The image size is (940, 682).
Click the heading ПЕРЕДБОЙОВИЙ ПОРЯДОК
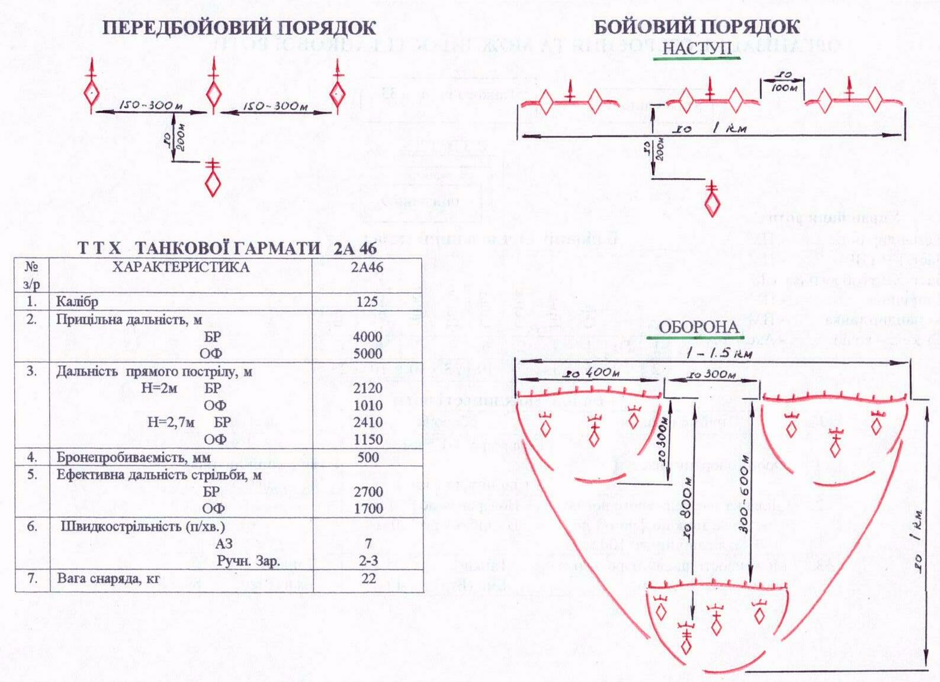point(239,28)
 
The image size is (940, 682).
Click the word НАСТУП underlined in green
point(697,48)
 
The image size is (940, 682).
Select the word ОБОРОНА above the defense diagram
point(698,327)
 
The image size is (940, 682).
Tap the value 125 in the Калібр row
point(367,301)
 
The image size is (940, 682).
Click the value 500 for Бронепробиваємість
point(368,457)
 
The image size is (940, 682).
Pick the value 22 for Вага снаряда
point(368,578)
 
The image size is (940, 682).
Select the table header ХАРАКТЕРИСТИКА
point(181,267)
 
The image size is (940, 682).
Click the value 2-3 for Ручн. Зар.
point(368,561)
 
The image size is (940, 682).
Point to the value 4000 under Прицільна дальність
point(367,336)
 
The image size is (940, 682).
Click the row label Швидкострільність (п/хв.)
point(143,526)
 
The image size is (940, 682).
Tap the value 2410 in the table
point(368,422)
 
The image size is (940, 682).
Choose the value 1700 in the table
point(368,508)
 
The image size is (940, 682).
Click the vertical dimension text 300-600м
point(745,494)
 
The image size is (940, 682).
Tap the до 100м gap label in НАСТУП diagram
point(784,82)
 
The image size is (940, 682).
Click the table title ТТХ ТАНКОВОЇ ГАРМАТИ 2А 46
point(227,248)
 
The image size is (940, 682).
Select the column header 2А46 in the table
point(367,267)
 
